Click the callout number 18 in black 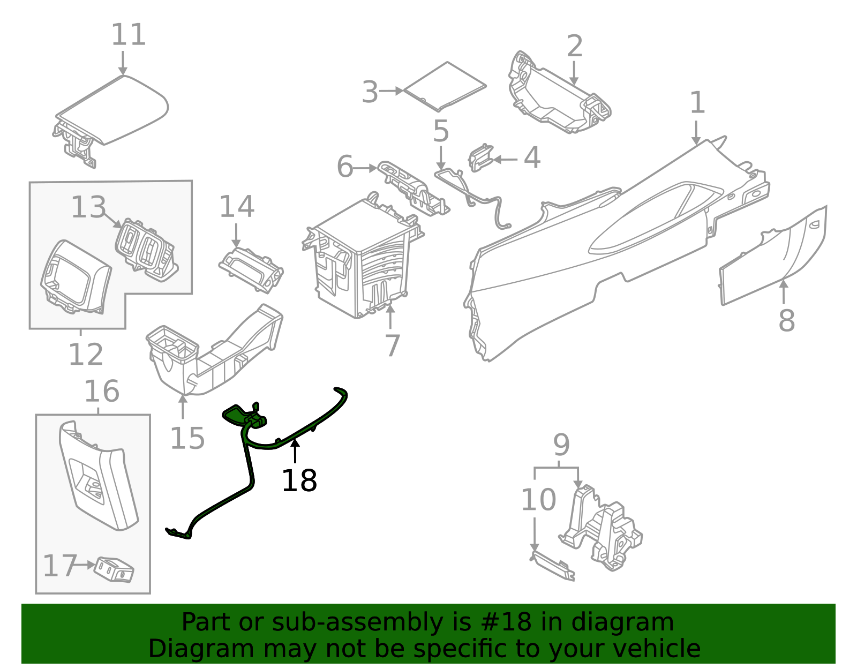tap(299, 480)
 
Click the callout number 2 tap(574, 47)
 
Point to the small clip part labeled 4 tap(480, 158)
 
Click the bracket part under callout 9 tap(603, 528)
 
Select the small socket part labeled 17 tap(114, 569)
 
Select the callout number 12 tap(86, 355)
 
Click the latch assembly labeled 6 tap(412, 187)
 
